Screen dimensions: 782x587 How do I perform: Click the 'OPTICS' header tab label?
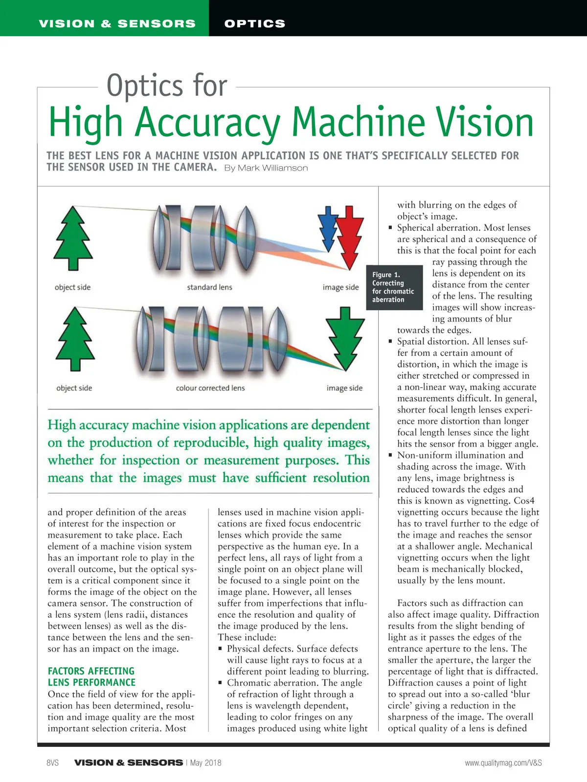254,23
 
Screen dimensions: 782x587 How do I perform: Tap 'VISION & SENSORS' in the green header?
117,23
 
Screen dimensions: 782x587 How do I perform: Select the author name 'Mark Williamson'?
266,168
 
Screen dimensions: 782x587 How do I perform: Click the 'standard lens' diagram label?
209,287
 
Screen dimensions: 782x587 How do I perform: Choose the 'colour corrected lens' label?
210,388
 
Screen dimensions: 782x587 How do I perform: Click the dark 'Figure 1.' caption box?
394,287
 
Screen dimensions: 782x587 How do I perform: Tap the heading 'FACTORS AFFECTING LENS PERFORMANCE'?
91,677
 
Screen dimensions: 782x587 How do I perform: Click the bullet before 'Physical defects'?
221,649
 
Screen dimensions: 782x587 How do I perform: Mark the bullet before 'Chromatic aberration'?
221,683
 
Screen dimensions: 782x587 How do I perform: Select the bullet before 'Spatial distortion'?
390,342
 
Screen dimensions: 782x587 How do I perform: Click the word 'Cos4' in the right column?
524,501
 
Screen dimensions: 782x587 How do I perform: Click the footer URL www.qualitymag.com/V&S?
503,763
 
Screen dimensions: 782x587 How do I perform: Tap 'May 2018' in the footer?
205,763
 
